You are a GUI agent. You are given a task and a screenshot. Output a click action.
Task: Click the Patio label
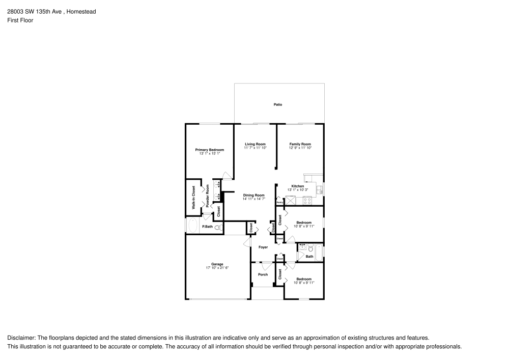tap(277, 104)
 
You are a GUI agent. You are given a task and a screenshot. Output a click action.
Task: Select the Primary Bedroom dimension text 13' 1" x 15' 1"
tap(210, 153)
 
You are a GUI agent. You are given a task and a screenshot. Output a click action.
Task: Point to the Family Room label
tap(300, 144)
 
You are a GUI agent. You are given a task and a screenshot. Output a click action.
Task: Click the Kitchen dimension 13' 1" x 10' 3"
tap(298, 190)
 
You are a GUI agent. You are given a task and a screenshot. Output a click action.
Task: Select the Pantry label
tap(279, 203)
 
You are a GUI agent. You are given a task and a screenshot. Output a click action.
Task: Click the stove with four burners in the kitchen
tap(307, 201)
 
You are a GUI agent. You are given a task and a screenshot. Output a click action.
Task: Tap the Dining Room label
tap(253, 195)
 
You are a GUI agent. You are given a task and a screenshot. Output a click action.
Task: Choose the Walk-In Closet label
tap(193, 198)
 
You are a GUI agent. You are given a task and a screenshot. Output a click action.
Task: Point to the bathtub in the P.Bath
tap(193, 226)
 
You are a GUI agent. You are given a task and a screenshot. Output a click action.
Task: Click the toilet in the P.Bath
tap(218, 228)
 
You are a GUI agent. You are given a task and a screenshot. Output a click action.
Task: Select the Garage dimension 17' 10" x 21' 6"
tap(217, 267)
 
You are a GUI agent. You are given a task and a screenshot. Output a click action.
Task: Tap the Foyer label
tap(263, 247)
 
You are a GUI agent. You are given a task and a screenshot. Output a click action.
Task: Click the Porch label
tap(263, 274)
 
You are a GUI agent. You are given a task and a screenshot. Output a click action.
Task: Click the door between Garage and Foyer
tap(247, 243)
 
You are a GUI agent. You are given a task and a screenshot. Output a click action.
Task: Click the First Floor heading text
tap(20, 20)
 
